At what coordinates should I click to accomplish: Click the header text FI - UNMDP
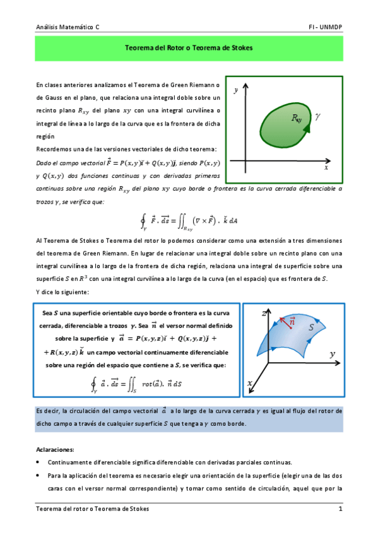click(x=325, y=28)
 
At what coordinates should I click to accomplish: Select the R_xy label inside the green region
click(x=296, y=118)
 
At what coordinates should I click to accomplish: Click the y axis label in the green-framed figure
click(x=235, y=91)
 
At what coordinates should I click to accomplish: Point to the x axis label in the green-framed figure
click(x=326, y=168)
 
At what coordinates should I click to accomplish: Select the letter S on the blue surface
click(x=311, y=327)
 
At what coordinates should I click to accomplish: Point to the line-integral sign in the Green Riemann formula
click(x=145, y=220)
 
